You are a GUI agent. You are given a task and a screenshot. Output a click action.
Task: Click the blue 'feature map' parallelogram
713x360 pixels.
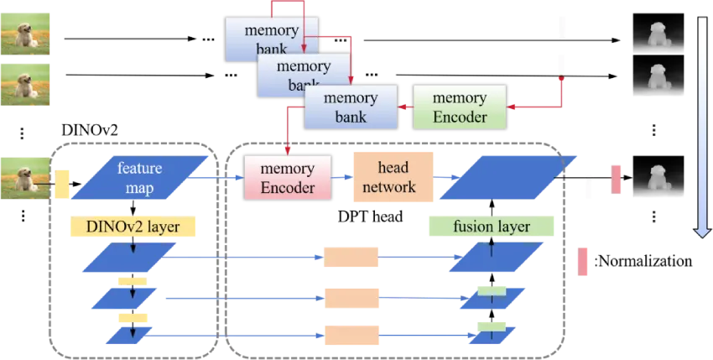click(138, 177)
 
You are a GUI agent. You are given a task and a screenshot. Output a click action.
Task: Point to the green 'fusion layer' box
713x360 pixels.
click(491, 227)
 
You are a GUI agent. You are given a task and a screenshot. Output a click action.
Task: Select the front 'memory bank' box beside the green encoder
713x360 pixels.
click(351, 107)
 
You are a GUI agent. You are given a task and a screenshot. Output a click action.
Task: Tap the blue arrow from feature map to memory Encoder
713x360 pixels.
click(218, 177)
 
